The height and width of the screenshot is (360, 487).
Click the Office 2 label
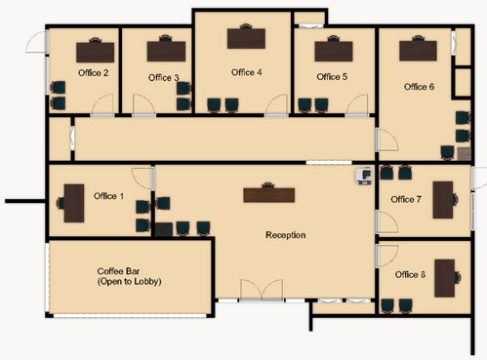tap(93, 73)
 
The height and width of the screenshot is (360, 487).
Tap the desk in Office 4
tap(246, 39)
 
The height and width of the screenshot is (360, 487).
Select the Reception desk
tap(269, 195)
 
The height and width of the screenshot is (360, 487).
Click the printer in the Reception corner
tap(363, 176)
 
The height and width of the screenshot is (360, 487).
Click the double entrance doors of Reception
tap(262, 290)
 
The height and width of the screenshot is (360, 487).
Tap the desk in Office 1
tap(74, 203)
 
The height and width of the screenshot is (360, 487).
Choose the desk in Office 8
tap(444, 278)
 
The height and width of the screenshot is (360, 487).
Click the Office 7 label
tap(406, 199)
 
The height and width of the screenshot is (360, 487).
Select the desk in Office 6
tap(418, 51)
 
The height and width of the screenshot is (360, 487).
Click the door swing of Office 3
tap(143, 104)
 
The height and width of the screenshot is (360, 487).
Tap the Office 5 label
tap(332, 77)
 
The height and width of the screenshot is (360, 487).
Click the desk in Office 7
tap(443, 200)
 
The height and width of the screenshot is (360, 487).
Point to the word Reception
tap(286, 235)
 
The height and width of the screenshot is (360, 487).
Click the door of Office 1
tap(142, 179)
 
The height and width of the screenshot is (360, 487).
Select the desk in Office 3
tap(166, 52)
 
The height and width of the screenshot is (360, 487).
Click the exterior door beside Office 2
tap(37, 42)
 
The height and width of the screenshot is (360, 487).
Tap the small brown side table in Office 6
tap(464, 153)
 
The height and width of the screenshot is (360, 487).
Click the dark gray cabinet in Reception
tap(164, 229)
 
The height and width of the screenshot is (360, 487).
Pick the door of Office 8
tap(387, 257)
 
